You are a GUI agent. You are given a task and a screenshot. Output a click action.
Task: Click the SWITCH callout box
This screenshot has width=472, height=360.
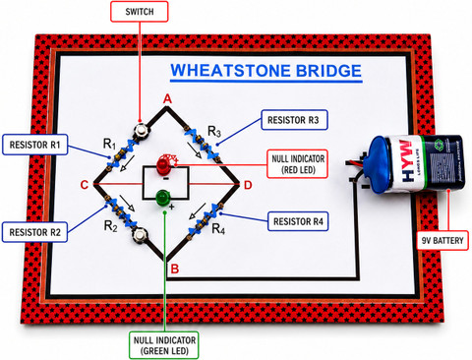coord(140,12)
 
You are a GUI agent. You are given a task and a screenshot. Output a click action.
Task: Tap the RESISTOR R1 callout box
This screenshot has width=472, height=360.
coord(34,145)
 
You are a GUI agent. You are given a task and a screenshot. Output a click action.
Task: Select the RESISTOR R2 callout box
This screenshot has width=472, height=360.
coord(34,232)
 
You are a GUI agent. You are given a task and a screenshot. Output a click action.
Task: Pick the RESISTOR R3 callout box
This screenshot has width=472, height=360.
coord(294,120)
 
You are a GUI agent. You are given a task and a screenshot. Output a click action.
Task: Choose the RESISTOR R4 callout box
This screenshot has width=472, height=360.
coord(298,221)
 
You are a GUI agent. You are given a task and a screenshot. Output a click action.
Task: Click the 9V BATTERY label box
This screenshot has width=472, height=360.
coord(442,241)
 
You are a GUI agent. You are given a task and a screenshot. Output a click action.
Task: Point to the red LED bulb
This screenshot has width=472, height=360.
coord(162,165)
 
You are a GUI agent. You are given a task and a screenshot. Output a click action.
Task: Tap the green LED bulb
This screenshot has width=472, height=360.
coord(161,198)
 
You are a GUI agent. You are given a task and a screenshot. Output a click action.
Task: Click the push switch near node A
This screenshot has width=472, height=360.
coord(142,131)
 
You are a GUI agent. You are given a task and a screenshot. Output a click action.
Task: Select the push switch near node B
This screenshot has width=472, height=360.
coord(140,235)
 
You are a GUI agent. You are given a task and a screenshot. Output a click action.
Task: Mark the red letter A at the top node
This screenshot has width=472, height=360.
coord(167,98)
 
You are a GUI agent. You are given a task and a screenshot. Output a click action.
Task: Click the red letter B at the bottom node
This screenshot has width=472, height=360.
coord(175,269)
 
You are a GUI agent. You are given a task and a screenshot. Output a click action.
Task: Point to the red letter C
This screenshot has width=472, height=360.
coord(85,185)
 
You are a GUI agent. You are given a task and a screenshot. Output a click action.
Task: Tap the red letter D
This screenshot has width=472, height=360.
coord(248,185)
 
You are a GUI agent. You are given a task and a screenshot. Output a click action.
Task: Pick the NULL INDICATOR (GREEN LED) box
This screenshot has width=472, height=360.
coord(164,345)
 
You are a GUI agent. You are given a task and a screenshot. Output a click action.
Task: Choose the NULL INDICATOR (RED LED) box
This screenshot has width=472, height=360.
coord(298,164)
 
